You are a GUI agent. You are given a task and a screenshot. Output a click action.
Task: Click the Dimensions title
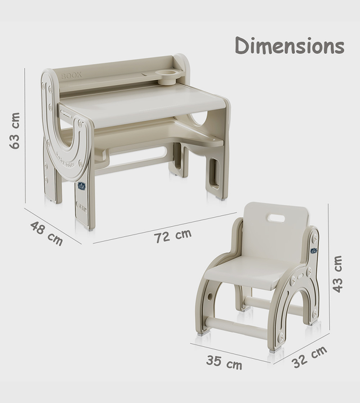coord(289,46)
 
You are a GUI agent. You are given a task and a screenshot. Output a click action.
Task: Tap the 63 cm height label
coord(15,131)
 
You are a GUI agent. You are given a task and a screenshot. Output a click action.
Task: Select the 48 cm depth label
coord(46,233)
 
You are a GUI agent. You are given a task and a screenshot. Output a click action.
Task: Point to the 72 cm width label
coord(173,236)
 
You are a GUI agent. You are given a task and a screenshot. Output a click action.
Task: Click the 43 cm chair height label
coord(337,274)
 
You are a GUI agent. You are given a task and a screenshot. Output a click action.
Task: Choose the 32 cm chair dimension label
coord(309,357)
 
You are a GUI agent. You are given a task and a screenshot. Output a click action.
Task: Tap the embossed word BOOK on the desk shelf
coord(72,75)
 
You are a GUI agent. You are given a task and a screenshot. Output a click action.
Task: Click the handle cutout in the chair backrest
coord(276,218)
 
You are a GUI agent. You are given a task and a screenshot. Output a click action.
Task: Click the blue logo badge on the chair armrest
coord(314,250)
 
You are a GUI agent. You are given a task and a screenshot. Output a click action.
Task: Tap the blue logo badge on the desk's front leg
coord(81,186)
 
